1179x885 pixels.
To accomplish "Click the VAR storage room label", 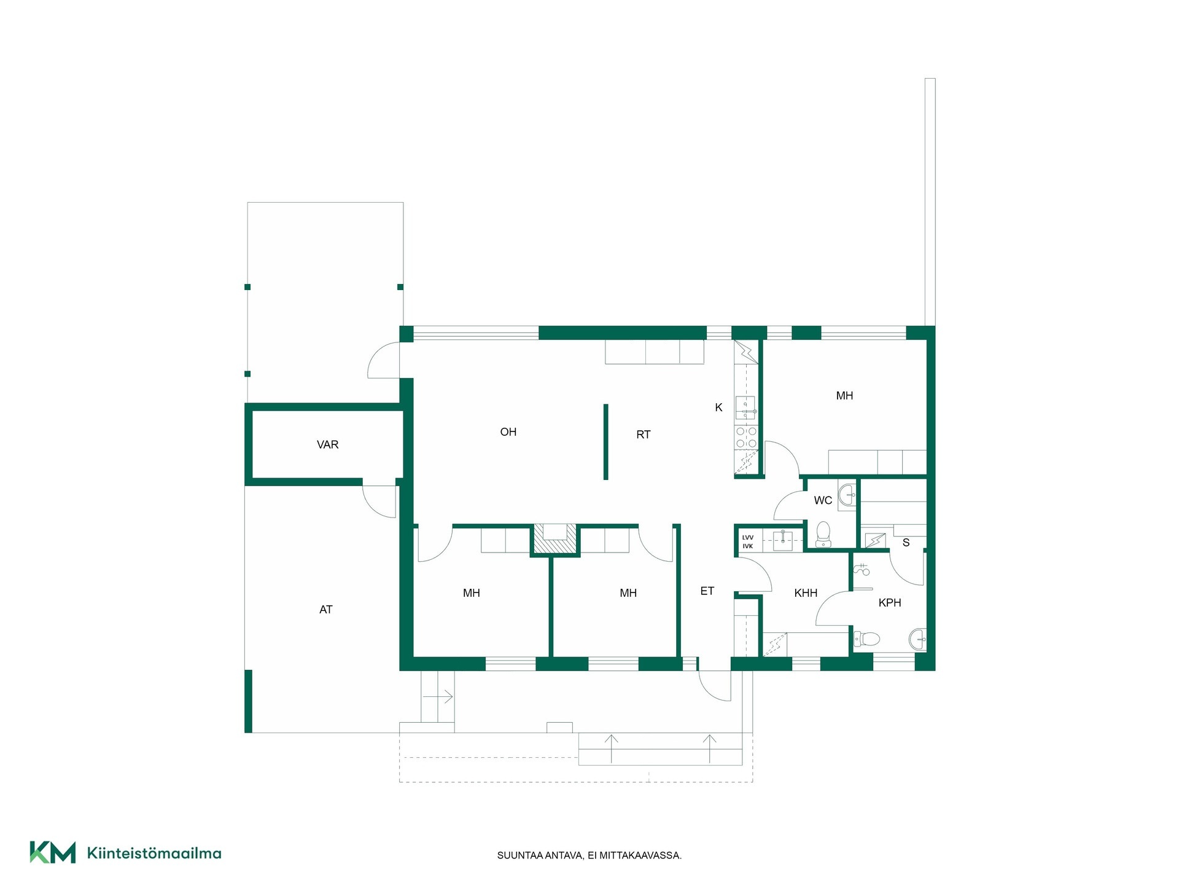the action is tap(327, 444).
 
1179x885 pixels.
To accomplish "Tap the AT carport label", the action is tap(326, 610).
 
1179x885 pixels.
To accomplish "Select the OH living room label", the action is tap(508, 432).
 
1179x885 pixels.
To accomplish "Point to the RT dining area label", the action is tap(644, 435).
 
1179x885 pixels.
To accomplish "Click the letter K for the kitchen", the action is tap(718, 407).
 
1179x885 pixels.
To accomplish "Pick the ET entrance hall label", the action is tap(707, 591).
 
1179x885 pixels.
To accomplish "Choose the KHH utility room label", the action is tap(806, 593).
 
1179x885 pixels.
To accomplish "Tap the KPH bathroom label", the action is tap(890, 603).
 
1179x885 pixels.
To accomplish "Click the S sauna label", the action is tap(906, 543).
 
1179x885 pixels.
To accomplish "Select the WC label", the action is tap(823, 500).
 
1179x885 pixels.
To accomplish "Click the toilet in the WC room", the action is tap(823, 533).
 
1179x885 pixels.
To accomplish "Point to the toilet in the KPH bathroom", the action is tap(867, 639).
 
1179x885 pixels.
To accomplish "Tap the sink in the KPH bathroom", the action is tap(918, 639).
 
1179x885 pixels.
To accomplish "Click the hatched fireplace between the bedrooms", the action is tap(555, 539).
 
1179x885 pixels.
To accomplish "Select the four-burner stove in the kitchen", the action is tap(746, 438).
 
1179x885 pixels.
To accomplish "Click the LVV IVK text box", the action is tap(748, 541).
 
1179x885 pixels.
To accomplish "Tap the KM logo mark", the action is tap(53, 852).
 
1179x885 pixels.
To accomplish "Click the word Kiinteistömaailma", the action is tap(154, 853).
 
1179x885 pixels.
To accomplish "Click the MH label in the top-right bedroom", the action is tap(844, 396).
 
